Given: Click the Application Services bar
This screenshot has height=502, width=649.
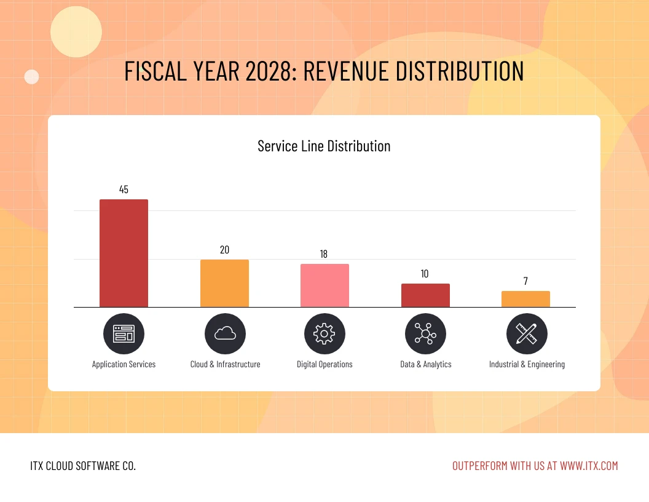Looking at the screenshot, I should pos(124,253).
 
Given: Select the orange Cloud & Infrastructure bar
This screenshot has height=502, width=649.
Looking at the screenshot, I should pos(224,283).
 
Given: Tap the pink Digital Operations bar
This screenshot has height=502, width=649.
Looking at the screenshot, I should pos(324,285).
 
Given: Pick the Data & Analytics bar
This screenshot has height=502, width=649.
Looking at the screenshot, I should pos(425,295).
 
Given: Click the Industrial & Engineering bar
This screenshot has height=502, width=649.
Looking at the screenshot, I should pos(525,299).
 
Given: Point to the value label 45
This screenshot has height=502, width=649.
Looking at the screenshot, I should pos(124,189).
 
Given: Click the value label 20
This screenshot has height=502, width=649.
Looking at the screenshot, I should pos(224,250).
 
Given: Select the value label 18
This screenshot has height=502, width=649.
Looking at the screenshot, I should pos(324,254).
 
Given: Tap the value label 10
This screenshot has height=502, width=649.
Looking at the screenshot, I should pos(425,274).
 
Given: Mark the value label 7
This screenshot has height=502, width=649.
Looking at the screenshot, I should pos(525,281).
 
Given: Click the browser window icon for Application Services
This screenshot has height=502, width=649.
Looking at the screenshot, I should pos(124,333).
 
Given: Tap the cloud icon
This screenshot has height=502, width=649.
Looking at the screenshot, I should pos(225,333).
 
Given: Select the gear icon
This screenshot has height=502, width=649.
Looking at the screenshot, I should pos(324,333).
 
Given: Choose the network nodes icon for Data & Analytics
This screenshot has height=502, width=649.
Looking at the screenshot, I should pos(425,333).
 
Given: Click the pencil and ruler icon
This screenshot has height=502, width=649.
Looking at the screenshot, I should pos(527,333).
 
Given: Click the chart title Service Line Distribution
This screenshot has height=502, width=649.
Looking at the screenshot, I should pos(324,146).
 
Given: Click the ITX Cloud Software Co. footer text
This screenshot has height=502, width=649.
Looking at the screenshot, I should pos(83,466).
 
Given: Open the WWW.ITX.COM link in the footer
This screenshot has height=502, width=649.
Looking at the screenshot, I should pos(589,466).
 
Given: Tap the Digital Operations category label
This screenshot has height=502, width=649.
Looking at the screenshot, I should pos(324,364).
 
